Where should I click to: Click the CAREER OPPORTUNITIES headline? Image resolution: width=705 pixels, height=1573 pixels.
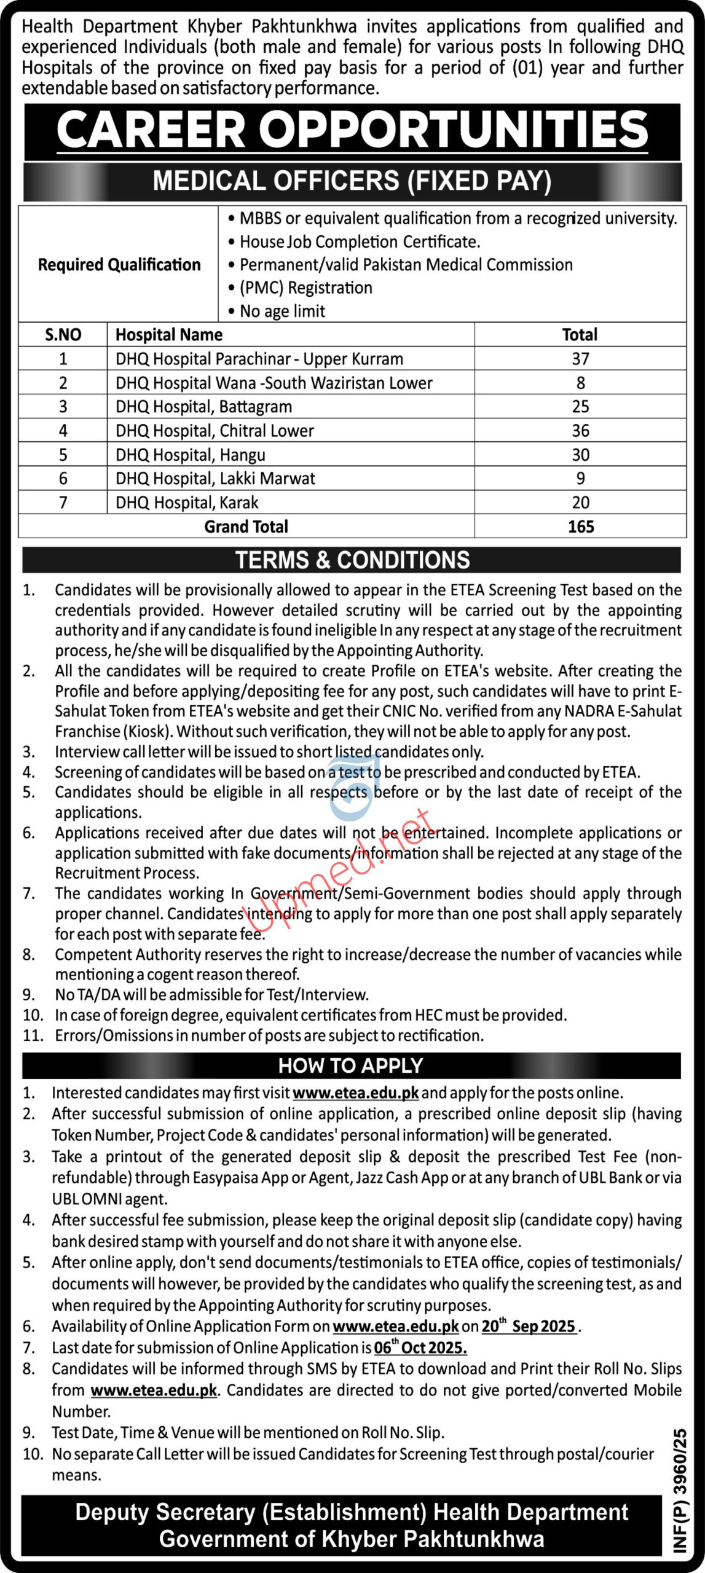(352, 130)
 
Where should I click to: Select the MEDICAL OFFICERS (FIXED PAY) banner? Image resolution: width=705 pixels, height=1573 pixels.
(352, 181)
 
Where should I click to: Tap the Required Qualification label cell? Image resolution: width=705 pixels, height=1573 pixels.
(119, 265)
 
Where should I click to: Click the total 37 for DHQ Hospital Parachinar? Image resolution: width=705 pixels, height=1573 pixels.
(580, 359)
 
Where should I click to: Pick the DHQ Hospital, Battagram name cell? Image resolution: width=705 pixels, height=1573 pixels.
(203, 407)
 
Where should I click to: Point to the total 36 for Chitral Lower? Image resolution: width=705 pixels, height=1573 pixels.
(580, 431)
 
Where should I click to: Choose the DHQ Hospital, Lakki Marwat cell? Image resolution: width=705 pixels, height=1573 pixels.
(215, 479)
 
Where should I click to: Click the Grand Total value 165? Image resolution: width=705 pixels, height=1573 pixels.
(580, 527)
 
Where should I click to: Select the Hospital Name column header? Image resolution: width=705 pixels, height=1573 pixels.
(169, 335)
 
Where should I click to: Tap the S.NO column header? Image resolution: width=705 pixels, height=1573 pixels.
(63, 335)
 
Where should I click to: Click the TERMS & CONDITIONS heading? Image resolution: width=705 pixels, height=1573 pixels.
(352, 560)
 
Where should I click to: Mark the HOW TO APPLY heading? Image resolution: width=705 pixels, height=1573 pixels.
(351, 1065)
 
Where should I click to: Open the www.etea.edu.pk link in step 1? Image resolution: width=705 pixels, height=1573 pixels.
(355, 1093)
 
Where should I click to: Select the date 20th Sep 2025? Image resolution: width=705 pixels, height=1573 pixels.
(528, 1326)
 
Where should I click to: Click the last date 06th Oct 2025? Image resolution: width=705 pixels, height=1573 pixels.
(420, 1347)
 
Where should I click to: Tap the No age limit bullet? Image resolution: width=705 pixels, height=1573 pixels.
(282, 312)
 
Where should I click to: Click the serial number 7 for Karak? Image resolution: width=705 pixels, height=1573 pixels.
(63, 503)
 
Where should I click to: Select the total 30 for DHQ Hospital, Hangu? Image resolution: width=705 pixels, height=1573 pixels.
(580, 455)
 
